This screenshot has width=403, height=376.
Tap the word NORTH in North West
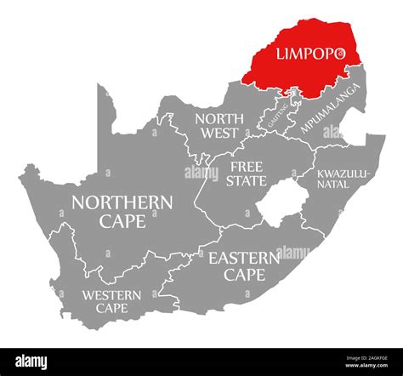[x=216, y=118]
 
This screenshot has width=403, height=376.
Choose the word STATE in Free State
[x=247, y=181]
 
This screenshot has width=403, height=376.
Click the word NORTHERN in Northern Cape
[x=122, y=202]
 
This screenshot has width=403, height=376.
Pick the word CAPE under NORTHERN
[x=122, y=222]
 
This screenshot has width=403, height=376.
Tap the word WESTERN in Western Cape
[x=111, y=294]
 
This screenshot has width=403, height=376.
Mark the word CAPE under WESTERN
[x=111, y=308]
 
